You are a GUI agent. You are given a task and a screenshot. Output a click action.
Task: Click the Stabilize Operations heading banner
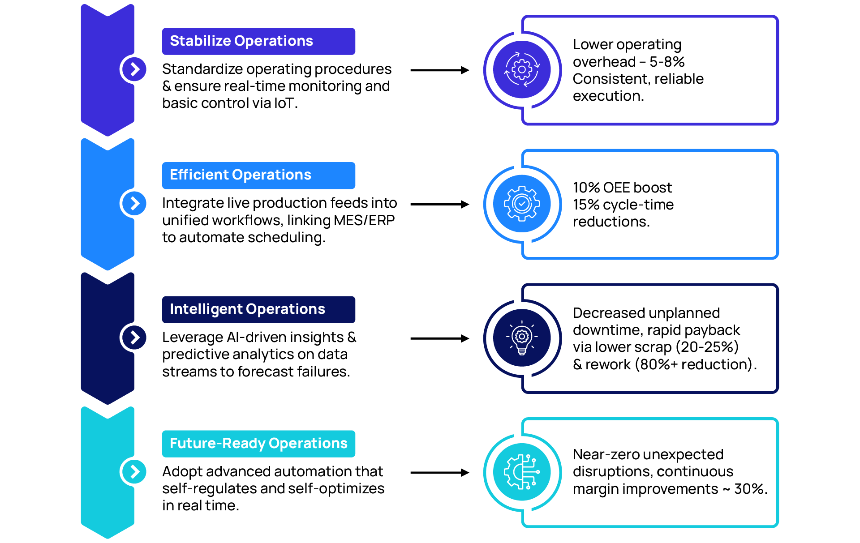pyautogui.click(x=258, y=41)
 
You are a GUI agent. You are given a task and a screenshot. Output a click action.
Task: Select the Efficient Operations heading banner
pyautogui.click(x=258, y=175)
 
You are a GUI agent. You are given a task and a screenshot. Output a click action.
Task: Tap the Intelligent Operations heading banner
pyautogui.click(x=258, y=309)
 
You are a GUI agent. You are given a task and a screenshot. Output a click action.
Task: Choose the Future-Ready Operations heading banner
pyautogui.click(x=258, y=444)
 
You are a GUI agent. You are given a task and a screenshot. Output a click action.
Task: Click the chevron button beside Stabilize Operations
pyautogui.click(x=134, y=69)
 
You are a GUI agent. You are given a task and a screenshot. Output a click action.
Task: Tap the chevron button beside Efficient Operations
pyautogui.click(x=134, y=203)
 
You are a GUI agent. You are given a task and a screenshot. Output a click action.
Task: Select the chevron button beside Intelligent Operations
pyautogui.click(x=134, y=337)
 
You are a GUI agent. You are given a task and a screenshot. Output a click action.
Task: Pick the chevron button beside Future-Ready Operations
pyautogui.click(x=134, y=471)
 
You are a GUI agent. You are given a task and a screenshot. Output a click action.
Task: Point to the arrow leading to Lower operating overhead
pyautogui.click(x=439, y=70)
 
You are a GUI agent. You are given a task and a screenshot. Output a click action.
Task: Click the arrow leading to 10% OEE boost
pyautogui.click(x=439, y=205)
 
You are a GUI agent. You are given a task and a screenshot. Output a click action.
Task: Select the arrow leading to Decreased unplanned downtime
pyautogui.click(x=439, y=338)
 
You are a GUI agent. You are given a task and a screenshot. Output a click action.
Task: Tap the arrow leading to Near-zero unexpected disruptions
pyautogui.click(x=439, y=473)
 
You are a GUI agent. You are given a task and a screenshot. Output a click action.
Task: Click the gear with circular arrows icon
pyautogui.click(x=522, y=70)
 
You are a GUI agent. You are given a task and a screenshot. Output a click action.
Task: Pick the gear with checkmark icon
pyautogui.click(x=522, y=204)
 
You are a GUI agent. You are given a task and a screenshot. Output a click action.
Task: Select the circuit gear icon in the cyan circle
pyautogui.click(x=522, y=472)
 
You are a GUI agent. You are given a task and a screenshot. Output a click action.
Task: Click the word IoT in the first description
pyautogui.click(x=284, y=103)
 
